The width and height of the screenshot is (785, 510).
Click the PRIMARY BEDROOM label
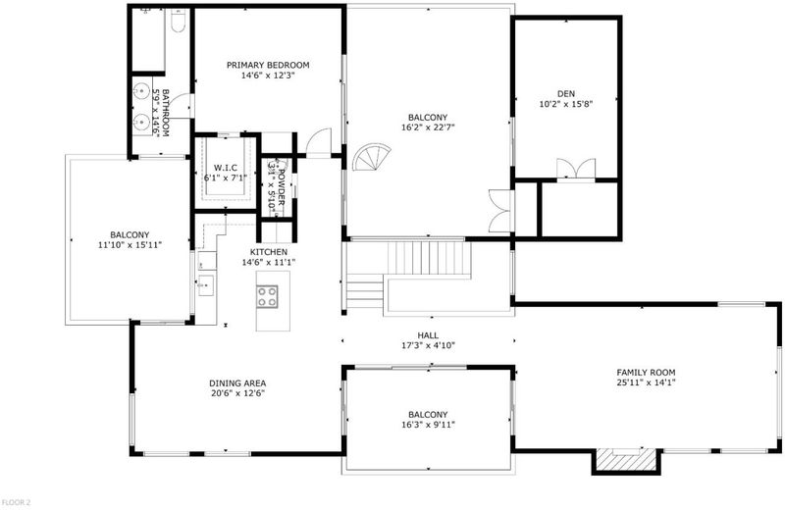point(268,65)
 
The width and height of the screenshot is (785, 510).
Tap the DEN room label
point(566,93)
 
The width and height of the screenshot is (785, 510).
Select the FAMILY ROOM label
point(646,373)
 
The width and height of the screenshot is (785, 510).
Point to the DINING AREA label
point(237,383)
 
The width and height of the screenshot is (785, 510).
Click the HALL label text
point(428,335)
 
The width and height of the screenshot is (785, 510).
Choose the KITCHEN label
point(269,252)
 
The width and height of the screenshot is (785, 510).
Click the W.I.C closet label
point(226,168)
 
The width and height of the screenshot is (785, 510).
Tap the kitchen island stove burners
point(267,296)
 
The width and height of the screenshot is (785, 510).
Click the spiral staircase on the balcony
point(371,157)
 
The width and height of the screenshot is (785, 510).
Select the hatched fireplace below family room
point(626,459)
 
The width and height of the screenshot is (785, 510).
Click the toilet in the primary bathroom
point(179,21)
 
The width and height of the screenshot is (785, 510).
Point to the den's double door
point(576,169)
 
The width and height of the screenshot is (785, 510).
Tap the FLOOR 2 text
point(16,502)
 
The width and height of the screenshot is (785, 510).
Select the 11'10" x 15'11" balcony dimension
point(130,245)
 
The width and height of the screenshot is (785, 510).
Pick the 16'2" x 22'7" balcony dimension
point(428,127)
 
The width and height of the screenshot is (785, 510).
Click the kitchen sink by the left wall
point(206,285)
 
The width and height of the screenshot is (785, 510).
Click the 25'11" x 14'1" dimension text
point(646,382)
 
